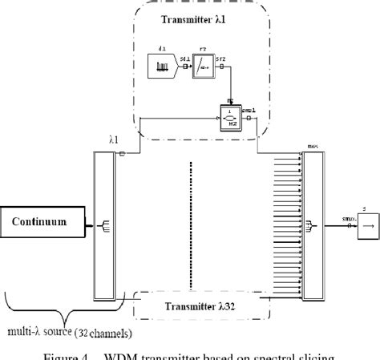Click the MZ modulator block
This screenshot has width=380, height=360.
(231, 118)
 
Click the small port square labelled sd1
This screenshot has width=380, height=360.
(186, 67)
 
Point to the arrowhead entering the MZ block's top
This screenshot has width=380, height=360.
(232, 103)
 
